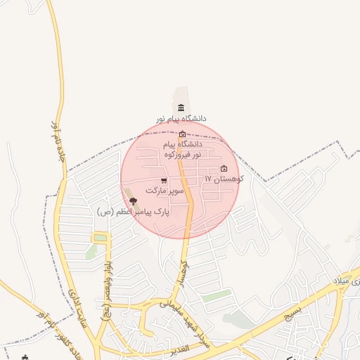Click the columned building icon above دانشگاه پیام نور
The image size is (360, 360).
pos(182,108)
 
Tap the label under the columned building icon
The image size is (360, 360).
pos(182,119)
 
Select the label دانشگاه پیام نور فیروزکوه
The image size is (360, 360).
pos(183,148)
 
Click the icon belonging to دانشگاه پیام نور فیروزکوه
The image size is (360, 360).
pos(183,134)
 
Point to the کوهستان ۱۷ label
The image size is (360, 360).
pos(224,180)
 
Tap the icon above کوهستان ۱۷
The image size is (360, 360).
pos(224,168)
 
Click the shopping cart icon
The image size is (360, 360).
pos(164,181)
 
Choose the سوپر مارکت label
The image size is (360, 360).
pos(165,191)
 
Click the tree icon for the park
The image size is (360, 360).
pos(133,202)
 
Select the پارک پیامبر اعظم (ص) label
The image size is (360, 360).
pos(127,212)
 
